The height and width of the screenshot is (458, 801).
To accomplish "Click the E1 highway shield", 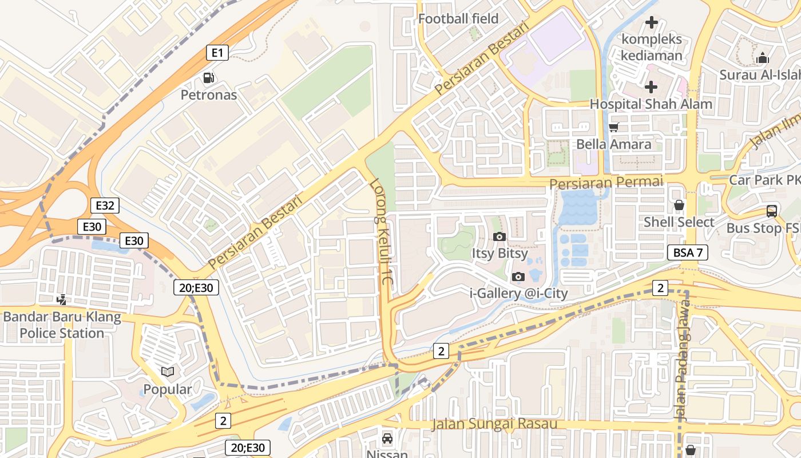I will pos(217,53).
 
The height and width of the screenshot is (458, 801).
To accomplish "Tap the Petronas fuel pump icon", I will pos(209,78).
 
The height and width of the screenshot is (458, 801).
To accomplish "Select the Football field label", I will pos(458,18).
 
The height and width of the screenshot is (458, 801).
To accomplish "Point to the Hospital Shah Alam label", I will pos(651,104).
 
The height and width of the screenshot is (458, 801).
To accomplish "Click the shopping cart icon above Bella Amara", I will pos(614,127).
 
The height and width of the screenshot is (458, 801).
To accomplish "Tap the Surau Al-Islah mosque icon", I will pos(762,58).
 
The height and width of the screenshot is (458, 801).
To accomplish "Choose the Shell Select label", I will pos(679,222).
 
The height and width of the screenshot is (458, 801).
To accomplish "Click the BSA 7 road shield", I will pos(688,252).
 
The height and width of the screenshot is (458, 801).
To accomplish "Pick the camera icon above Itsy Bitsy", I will pos(499,236).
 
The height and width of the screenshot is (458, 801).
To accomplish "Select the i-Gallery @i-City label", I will pos(518,294).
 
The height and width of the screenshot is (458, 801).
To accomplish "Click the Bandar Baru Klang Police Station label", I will pos(62,325).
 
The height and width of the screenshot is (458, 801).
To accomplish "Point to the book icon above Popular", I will pos(168,372).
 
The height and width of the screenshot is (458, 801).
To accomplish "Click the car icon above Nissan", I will pos(387,439).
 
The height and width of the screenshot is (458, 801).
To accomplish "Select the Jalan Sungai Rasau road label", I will pos(494,424).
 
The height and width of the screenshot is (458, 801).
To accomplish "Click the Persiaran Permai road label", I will pos(606,183).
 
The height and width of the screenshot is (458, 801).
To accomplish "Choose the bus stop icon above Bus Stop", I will pos(772,211).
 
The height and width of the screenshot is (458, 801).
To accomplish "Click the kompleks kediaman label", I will pos(652,48).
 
